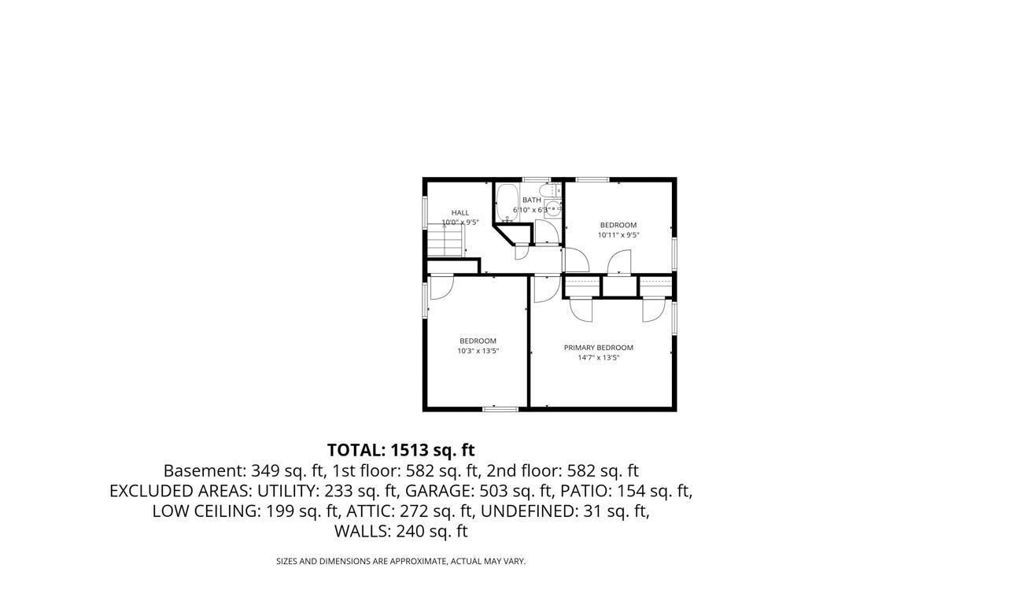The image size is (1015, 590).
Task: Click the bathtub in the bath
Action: click(507, 203)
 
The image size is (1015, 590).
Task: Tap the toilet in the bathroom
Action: click(555, 191)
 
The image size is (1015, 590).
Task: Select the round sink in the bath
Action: click(553, 208)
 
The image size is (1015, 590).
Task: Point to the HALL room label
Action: click(460, 212)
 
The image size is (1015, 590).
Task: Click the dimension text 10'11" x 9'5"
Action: click(618, 234)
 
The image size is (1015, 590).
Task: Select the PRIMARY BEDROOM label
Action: click(598, 348)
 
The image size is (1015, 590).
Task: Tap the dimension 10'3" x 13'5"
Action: click(478, 351)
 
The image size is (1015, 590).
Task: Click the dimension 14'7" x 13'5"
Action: click(598, 357)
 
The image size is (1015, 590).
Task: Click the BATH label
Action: click(532, 200)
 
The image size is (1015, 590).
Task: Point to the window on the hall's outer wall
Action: click(425, 212)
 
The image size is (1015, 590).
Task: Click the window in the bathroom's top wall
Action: click(537, 180)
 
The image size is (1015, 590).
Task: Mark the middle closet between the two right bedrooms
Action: click(619, 286)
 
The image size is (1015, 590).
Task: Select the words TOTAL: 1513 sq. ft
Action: click(400, 450)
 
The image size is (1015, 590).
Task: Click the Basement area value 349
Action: click(264, 471)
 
